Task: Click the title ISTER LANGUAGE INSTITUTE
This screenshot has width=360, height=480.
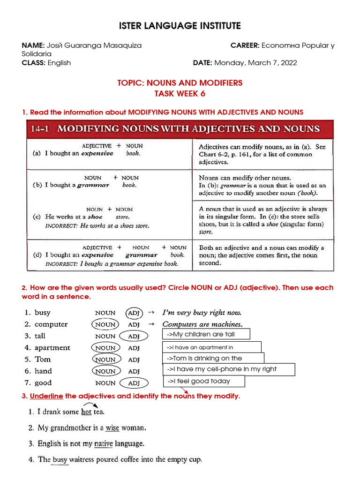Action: (x=180, y=26)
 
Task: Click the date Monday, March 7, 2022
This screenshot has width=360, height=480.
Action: (x=256, y=63)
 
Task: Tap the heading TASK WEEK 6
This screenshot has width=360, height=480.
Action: (x=180, y=94)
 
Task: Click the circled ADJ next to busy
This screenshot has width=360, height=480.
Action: (x=134, y=313)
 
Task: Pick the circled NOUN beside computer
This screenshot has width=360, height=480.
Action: (x=105, y=324)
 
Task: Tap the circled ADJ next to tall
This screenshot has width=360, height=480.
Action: (x=134, y=336)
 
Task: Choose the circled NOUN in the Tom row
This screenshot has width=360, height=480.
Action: (x=105, y=360)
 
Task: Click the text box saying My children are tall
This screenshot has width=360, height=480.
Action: (x=206, y=334)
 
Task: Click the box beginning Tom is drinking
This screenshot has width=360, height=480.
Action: (x=213, y=358)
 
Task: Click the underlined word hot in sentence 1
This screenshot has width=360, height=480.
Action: (x=86, y=412)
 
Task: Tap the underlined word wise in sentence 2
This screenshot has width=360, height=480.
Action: (x=112, y=428)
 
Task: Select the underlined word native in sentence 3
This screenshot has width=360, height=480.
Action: (x=103, y=443)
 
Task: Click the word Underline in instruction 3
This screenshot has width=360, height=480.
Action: (x=46, y=397)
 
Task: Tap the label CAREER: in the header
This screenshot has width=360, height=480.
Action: (x=245, y=45)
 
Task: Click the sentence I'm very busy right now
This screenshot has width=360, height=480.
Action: (x=202, y=313)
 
